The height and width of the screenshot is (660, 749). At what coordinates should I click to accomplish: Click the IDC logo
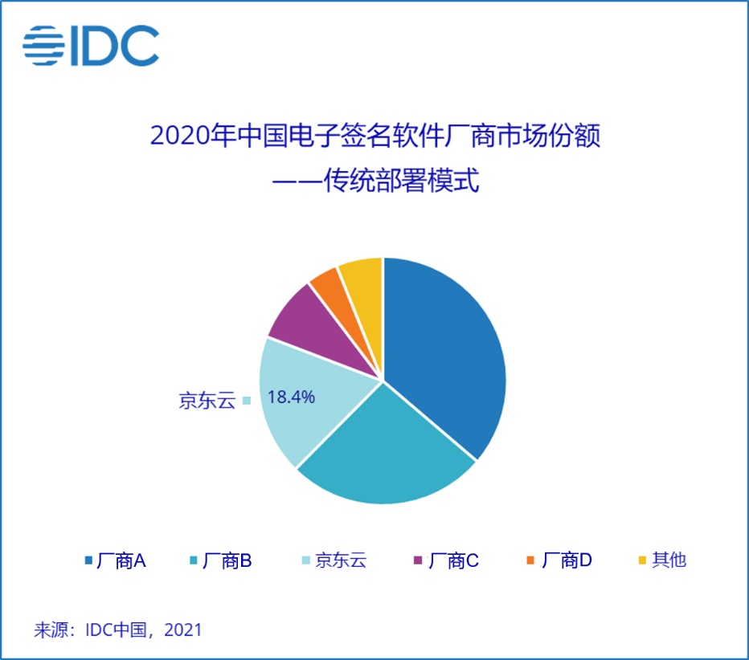[91, 47]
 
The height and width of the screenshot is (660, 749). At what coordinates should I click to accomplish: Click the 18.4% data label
[290, 397]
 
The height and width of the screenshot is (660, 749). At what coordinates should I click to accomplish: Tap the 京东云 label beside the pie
[207, 400]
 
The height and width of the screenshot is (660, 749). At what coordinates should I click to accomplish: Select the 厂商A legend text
[121, 560]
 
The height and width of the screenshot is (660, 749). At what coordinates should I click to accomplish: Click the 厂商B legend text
[227, 560]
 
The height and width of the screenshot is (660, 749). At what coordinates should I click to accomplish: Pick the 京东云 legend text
[341, 560]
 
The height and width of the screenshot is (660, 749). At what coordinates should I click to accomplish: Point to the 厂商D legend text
[567, 560]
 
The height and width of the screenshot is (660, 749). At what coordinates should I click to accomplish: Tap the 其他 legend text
[669, 560]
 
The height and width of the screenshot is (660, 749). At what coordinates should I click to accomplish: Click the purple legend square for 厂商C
[417, 560]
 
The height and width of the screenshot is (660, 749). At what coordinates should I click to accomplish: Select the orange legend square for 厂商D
[530, 560]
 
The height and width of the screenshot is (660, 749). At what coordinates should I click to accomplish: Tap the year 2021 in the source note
[183, 629]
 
